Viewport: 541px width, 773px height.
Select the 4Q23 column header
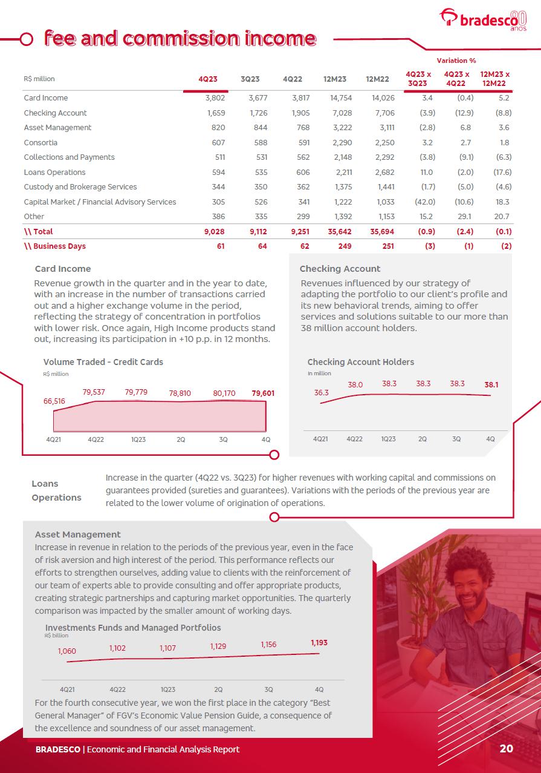208,79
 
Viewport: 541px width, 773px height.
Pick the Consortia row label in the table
40,142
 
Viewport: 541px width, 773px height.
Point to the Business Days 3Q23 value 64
262,246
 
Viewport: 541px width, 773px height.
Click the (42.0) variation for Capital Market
423,202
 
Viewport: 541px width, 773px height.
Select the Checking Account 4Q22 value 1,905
300,113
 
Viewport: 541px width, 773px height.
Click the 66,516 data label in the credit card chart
54,401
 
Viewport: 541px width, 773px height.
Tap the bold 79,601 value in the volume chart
263,393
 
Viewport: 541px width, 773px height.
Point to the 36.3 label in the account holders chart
321,393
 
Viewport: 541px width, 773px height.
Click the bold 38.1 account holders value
491,384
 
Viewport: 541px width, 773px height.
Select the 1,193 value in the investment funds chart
319,643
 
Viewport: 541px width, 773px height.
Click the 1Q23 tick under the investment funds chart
168,689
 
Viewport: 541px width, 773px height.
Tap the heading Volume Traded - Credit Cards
103,362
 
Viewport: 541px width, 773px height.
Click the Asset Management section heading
78,535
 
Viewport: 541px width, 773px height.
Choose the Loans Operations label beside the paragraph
56,490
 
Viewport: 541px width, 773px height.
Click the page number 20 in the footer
507,749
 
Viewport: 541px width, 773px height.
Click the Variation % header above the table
456,61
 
